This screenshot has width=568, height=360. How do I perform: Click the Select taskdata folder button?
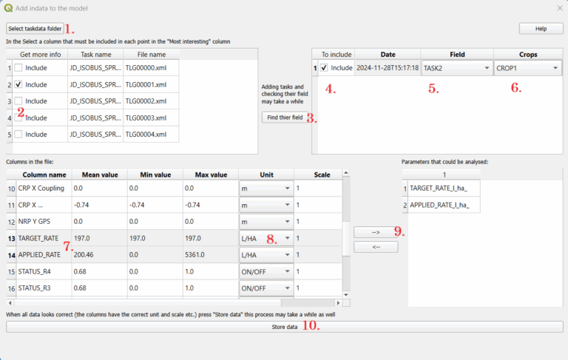tap(34, 28)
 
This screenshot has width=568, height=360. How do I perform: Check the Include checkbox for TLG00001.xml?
tap(18, 85)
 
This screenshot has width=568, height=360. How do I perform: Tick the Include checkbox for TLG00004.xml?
tap(18, 135)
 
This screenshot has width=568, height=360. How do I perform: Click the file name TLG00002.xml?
tap(146, 101)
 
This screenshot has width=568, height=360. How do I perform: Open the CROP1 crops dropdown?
tap(527, 68)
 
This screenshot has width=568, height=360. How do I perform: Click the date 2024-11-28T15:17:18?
tap(388, 68)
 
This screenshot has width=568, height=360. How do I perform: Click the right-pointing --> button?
tap(375, 232)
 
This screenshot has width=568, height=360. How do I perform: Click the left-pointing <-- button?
tap(375, 247)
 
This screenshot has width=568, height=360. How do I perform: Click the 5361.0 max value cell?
tap(210, 254)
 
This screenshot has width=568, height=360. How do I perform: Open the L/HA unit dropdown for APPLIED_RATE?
tap(265, 254)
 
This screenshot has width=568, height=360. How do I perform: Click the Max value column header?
tap(210, 174)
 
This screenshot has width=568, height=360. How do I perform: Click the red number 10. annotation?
tap(310, 327)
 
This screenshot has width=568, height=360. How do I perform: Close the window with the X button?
tap(559, 8)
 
